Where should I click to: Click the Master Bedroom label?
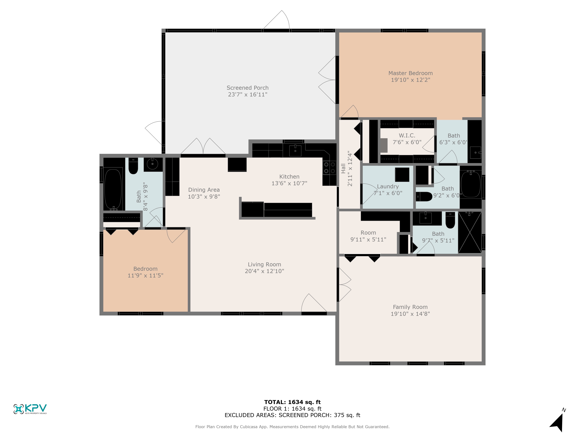(x=411, y=73)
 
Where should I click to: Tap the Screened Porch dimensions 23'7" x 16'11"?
(x=248, y=95)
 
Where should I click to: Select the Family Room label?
(x=410, y=307)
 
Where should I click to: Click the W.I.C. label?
(x=407, y=136)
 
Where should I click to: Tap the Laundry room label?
(x=388, y=187)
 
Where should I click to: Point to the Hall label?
(x=343, y=169)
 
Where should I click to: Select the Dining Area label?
(x=204, y=190)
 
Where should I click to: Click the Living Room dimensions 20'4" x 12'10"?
(x=264, y=271)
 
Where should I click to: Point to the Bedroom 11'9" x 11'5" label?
(x=146, y=269)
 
